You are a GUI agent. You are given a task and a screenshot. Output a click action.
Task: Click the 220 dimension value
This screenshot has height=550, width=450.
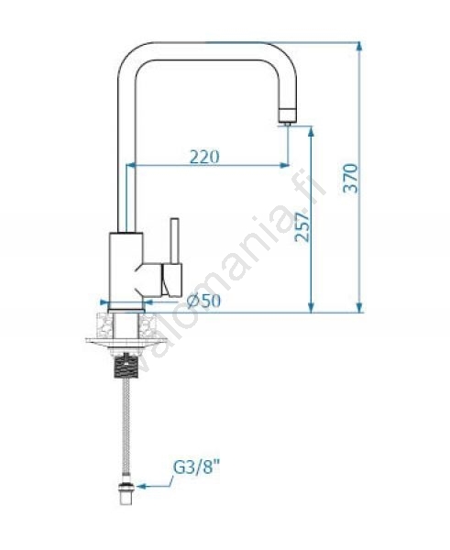(204, 157)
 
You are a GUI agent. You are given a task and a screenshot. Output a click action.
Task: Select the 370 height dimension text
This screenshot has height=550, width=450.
(350, 178)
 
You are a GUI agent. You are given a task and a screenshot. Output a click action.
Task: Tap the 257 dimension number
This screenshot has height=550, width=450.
(302, 227)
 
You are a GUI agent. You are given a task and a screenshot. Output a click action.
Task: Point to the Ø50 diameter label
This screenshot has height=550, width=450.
(203, 301)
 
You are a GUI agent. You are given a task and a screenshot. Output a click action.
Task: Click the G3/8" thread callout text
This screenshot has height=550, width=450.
(199, 467)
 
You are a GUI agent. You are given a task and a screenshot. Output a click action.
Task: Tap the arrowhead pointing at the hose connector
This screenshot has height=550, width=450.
(141, 486)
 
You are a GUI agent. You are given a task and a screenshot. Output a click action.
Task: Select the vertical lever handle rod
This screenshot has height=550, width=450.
(175, 240)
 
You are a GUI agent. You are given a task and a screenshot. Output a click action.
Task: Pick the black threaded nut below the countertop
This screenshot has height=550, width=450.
(126, 367)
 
